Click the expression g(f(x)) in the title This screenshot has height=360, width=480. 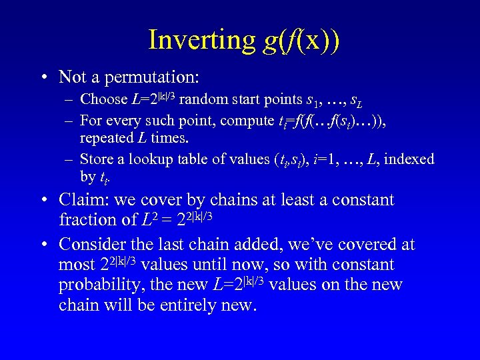[301, 39]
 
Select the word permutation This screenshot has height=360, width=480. [152, 77]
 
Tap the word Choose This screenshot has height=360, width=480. [103, 100]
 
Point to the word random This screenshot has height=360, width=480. [201, 100]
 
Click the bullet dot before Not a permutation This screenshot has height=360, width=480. [43, 77]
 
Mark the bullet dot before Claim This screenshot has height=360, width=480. [43, 201]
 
